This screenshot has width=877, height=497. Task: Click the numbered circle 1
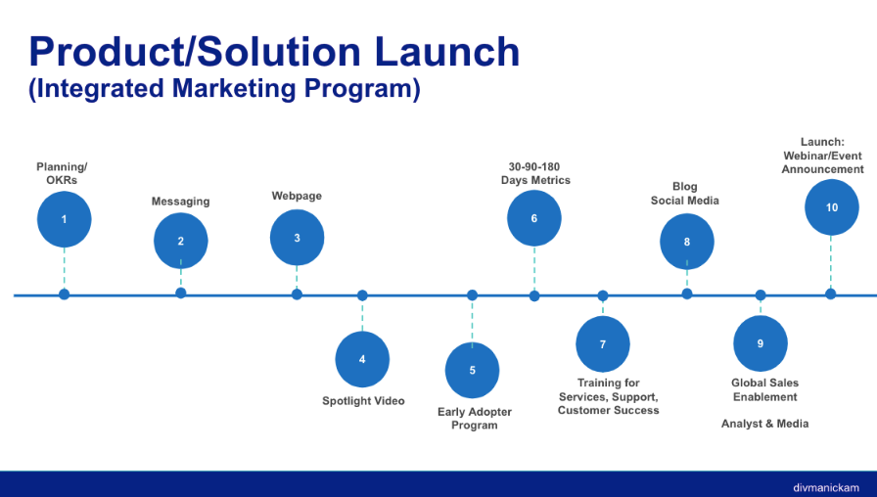point(64,219)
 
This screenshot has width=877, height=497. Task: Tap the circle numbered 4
point(362,359)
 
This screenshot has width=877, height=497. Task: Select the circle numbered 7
point(603,344)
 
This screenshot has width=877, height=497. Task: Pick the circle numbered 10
point(831,207)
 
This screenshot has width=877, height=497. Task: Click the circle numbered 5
point(472,371)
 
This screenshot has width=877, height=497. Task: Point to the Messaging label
point(180,202)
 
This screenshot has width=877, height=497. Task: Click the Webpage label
point(297,196)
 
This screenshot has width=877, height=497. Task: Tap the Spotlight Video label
point(363,401)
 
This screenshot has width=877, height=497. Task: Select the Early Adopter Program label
point(475,419)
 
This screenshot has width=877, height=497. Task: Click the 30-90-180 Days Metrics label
point(535,173)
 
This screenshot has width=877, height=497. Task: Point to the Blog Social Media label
point(685,194)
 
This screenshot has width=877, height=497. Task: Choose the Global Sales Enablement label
point(764,389)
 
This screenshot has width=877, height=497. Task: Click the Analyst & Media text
point(764,424)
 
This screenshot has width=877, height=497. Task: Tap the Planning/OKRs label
point(62,173)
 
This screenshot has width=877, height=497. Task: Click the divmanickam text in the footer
point(826,486)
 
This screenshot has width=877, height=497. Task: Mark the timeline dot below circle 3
point(297,294)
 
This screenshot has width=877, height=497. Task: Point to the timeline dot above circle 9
point(761,294)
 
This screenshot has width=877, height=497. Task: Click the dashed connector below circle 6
point(534,268)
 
